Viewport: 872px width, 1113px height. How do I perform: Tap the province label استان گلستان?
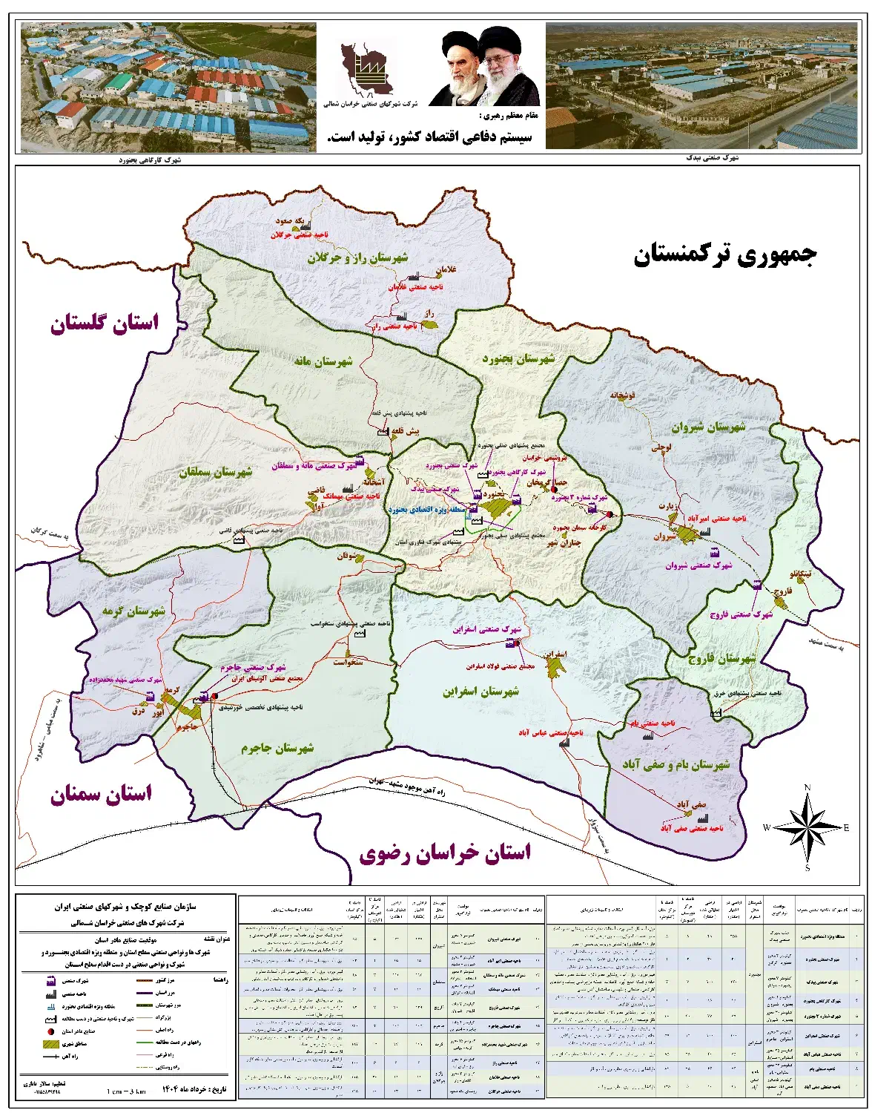(105, 324)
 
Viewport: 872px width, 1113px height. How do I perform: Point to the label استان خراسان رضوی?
(445, 853)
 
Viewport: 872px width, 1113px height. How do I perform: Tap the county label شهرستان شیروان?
(708, 428)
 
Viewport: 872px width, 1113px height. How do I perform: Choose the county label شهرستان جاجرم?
(277, 748)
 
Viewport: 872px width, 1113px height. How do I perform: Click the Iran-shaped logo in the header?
(362, 71)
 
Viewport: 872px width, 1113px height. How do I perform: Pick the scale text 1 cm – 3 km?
(126, 1091)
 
